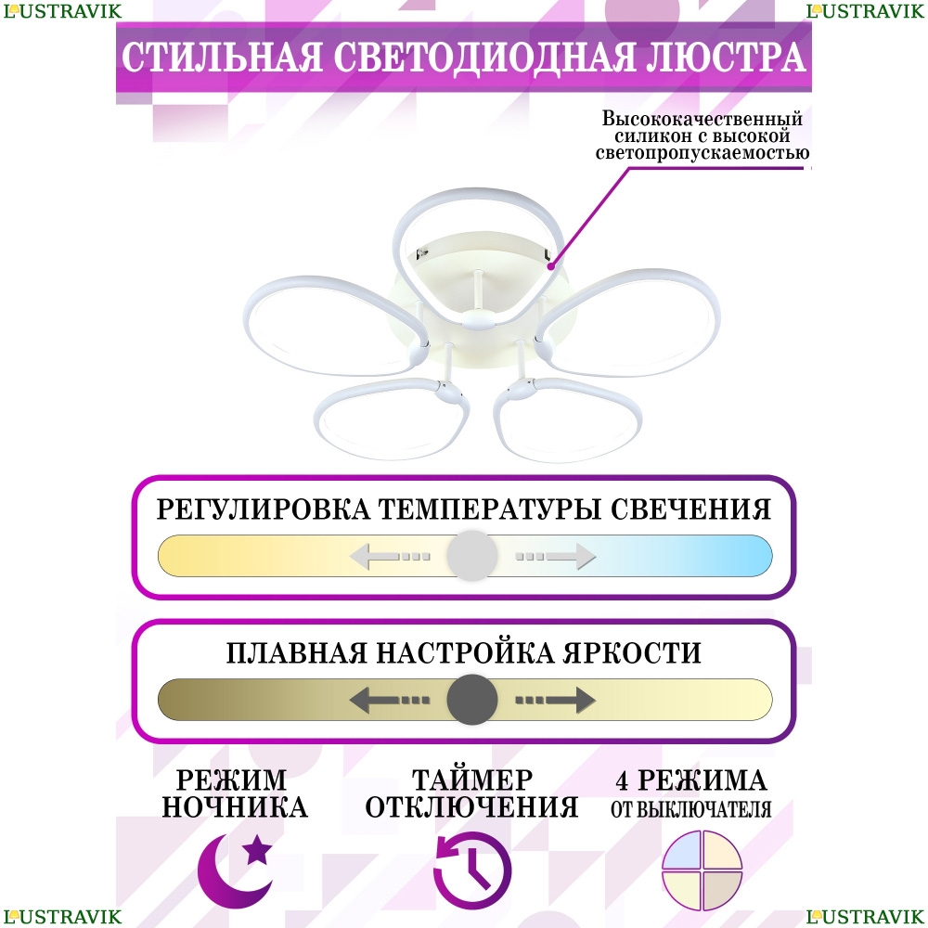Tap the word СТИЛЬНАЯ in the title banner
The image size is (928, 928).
(x=222, y=57)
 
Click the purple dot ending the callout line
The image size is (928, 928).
(x=551, y=267)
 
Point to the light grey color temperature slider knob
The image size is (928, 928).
(x=472, y=556)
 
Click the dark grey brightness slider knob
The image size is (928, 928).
(x=472, y=700)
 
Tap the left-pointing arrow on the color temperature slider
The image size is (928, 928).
(x=390, y=556)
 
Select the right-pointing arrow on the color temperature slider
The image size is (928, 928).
(x=555, y=556)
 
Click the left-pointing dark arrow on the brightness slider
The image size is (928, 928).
(x=390, y=700)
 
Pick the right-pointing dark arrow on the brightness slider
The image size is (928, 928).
(x=555, y=700)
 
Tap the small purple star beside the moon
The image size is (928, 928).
(x=258, y=850)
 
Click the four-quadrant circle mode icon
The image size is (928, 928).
(x=702, y=870)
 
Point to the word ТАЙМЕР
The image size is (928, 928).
(x=472, y=780)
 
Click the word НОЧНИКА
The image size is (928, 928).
(x=235, y=807)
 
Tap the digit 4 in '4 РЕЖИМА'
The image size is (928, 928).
(x=622, y=780)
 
